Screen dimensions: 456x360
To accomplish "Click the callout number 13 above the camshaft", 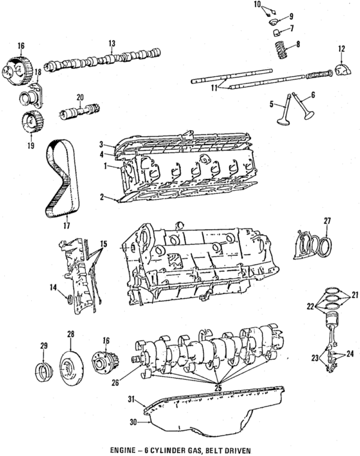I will click(x=112, y=43).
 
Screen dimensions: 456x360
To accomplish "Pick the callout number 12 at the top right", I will click(x=341, y=49).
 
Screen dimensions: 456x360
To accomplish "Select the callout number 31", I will click(x=131, y=398).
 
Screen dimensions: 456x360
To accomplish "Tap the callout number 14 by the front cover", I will click(x=53, y=288).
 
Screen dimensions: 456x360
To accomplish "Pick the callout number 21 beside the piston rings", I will click(x=355, y=295).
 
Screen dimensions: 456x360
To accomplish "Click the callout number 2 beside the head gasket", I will click(x=103, y=196).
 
